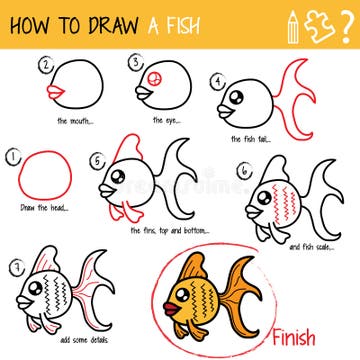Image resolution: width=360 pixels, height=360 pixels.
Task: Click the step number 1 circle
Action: [x=13, y=158]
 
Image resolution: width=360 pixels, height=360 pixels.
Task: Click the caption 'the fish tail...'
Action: [x=249, y=139]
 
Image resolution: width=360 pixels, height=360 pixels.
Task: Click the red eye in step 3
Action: [x=154, y=79]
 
